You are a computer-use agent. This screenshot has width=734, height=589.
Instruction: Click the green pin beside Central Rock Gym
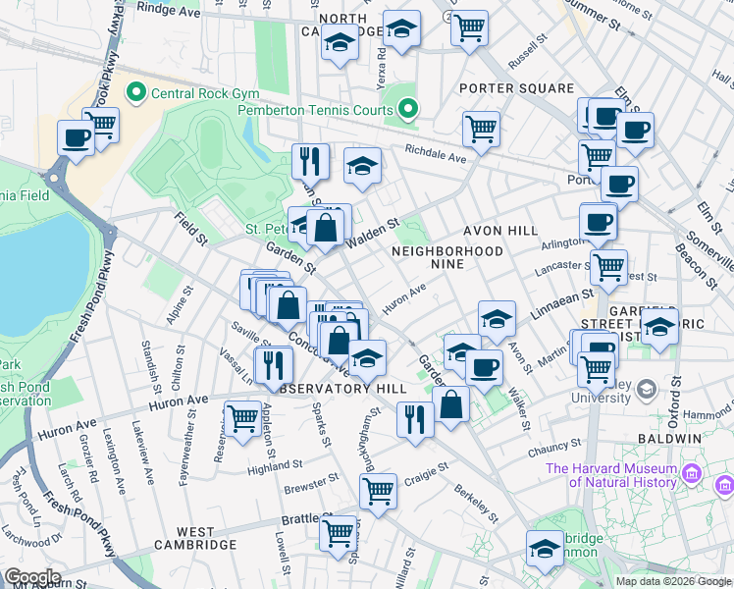coord(134,94)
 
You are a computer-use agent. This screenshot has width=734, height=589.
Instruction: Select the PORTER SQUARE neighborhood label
coord(516,88)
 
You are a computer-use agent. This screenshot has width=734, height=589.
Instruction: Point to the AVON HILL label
coord(500,230)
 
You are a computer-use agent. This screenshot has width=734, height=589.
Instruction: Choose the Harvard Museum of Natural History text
coord(611,475)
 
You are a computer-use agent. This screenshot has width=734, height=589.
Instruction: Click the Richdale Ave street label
coord(436,155)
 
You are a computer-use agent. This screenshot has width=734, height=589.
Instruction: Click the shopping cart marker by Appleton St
coord(242,418)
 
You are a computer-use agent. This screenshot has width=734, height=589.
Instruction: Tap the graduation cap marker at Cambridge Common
coord(545,548)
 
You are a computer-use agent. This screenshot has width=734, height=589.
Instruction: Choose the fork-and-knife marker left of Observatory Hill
coord(274,364)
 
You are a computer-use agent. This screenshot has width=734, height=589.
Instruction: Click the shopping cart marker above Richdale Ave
coord(481,128)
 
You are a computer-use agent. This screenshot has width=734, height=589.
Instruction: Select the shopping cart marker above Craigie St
coord(378,490)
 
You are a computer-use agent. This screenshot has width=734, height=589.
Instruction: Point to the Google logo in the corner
coord(32,577)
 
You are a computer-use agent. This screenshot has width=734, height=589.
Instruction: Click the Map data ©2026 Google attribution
coord(673,581)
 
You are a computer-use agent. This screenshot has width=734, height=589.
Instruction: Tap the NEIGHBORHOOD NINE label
coord(446,251)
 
